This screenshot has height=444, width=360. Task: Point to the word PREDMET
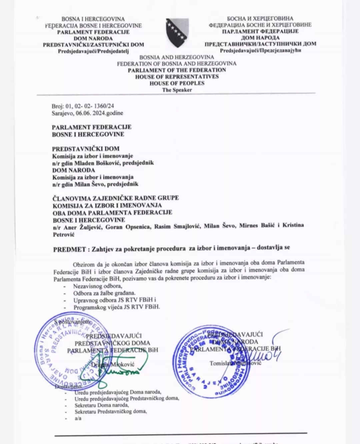69,249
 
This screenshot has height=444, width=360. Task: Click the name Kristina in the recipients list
293,225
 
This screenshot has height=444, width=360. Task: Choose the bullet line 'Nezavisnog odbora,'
98,286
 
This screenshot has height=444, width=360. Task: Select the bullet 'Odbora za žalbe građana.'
104,293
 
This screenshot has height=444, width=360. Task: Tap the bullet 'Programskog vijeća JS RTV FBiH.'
117,307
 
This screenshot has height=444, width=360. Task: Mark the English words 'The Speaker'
177,90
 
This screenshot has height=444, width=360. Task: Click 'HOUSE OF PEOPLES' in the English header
177,83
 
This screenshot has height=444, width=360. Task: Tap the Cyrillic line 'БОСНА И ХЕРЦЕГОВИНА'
260,19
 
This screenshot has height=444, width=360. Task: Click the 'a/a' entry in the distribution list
78,418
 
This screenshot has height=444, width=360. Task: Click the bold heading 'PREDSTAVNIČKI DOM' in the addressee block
86,149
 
